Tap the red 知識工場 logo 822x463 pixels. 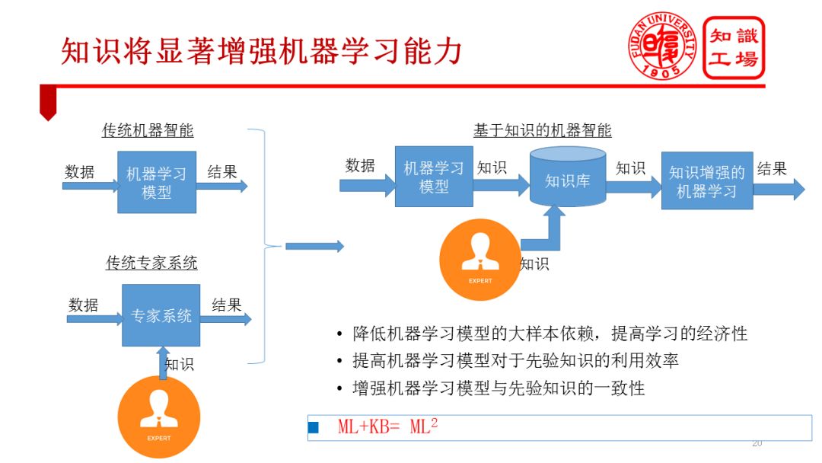(734, 47)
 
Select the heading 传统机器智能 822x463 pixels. (148, 130)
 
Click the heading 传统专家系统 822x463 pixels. (151, 263)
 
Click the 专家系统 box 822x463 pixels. (161, 315)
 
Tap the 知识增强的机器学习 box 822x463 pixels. (707, 181)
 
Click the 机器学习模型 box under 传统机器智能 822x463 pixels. (157, 182)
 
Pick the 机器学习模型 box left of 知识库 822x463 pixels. (434, 177)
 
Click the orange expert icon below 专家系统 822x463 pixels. (159, 417)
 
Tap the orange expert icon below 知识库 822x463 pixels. (480, 260)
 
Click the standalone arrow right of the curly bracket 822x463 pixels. (314, 246)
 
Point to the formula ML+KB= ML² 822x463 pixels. (387, 426)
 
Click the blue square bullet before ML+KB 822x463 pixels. (313, 427)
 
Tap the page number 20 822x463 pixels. (757, 443)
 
